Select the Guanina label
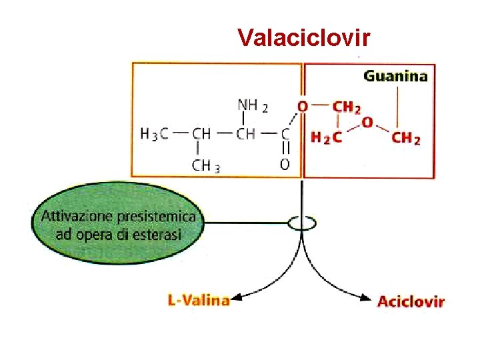click(x=395, y=76)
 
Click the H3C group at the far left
click(x=155, y=133)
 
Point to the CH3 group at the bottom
click(x=206, y=165)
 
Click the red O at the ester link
click(x=303, y=106)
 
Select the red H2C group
click(x=327, y=138)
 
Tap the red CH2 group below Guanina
click(x=406, y=138)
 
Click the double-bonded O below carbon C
click(x=285, y=164)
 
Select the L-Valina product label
click(x=199, y=301)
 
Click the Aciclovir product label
click(x=411, y=301)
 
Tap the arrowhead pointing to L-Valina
click(x=236, y=299)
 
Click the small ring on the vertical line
click(x=302, y=223)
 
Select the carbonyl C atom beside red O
click(x=285, y=133)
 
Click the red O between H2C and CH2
click(x=367, y=123)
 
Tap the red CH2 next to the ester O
click(x=347, y=106)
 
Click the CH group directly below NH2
click(x=246, y=133)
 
